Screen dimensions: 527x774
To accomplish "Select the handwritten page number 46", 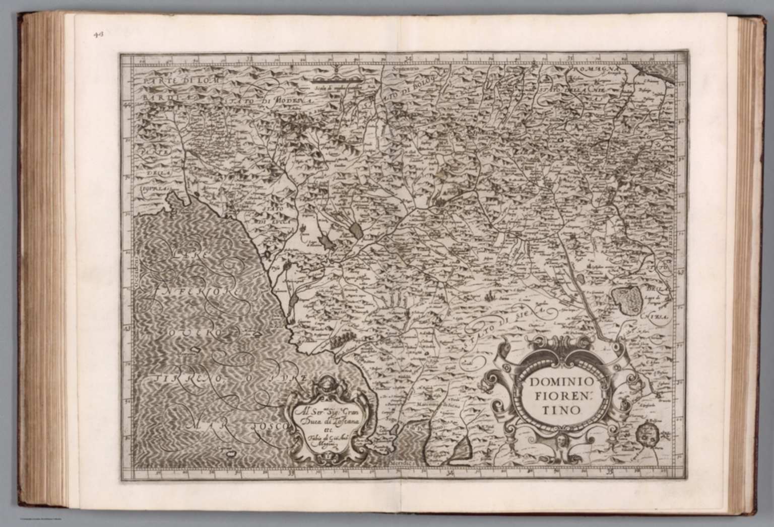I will point(97,34).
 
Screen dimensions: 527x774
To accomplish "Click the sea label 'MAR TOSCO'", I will point(237,426).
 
